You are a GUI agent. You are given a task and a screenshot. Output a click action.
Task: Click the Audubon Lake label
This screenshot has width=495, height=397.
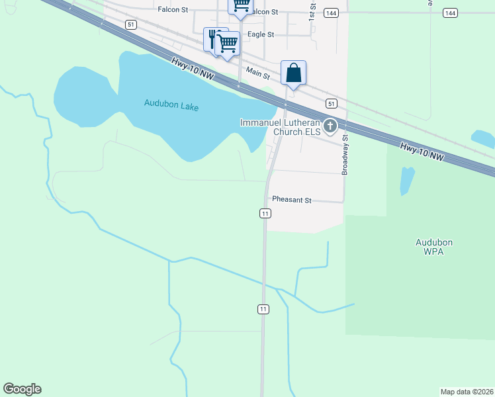point(171,105)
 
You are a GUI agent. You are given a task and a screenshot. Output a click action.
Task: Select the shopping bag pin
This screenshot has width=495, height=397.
point(293,73)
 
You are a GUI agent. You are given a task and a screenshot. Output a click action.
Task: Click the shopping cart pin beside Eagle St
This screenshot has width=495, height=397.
point(228,44)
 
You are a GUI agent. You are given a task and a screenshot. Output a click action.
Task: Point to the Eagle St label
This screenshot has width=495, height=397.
point(260,34)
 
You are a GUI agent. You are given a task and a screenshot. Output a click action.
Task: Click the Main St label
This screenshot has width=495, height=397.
point(258,70)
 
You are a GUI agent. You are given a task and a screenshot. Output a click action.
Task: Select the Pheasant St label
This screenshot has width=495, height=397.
point(291,199)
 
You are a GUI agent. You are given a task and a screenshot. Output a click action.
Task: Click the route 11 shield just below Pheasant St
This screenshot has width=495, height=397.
point(265,213)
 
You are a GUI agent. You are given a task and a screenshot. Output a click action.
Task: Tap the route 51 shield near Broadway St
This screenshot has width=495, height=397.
point(332,103)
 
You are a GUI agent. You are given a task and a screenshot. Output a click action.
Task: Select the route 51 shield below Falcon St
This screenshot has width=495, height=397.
point(131,24)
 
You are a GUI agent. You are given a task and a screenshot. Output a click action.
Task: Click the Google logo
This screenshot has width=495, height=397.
point(22,389)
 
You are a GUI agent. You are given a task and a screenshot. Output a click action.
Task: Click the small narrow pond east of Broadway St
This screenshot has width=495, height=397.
point(406,181)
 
